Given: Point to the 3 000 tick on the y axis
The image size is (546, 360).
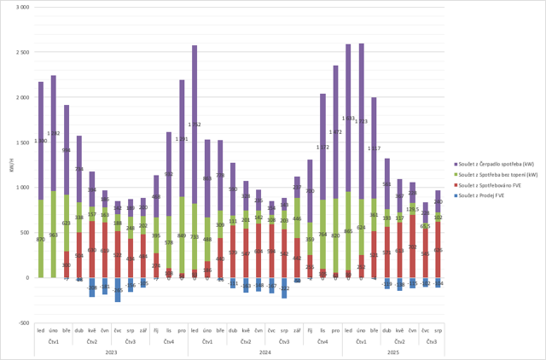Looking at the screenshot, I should click(x=23, y=7).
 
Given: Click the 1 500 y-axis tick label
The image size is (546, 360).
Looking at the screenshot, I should click(x=23, y=142).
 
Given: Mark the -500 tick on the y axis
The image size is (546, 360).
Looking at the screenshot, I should click(x=25, y=323).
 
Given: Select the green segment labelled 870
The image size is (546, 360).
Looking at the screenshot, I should click(x=40, y=239).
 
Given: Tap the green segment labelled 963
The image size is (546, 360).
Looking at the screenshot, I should click(x=53, y=235).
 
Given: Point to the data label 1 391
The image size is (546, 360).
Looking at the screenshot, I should click(x=182, y=138).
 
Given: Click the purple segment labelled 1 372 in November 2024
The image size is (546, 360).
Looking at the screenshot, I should click(x=322, y=147).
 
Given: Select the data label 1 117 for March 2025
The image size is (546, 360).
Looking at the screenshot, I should click(x=374, y=148).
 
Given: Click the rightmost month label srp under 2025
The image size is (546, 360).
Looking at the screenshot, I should click(x=438, y=330).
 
